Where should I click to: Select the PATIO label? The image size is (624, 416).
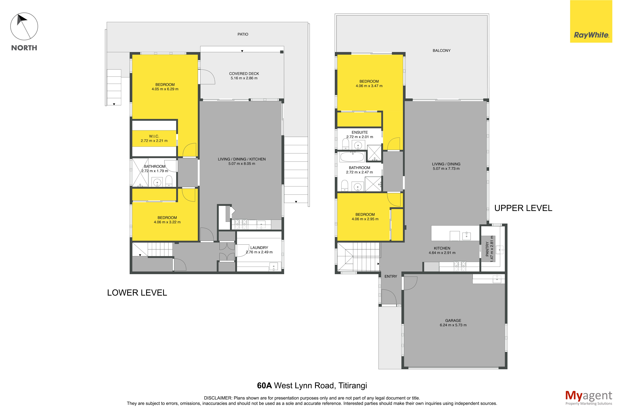tap(243, 34)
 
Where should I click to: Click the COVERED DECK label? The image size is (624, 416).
tap(244, 74)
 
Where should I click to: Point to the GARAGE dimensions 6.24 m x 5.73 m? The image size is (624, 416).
tap(453, 325)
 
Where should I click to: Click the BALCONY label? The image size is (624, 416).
tap(442, 50)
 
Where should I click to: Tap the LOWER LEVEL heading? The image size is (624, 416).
tap(137, 293)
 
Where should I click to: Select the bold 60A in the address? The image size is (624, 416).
tap(264, 385)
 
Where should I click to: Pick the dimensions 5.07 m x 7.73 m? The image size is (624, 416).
tap(446, 169)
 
